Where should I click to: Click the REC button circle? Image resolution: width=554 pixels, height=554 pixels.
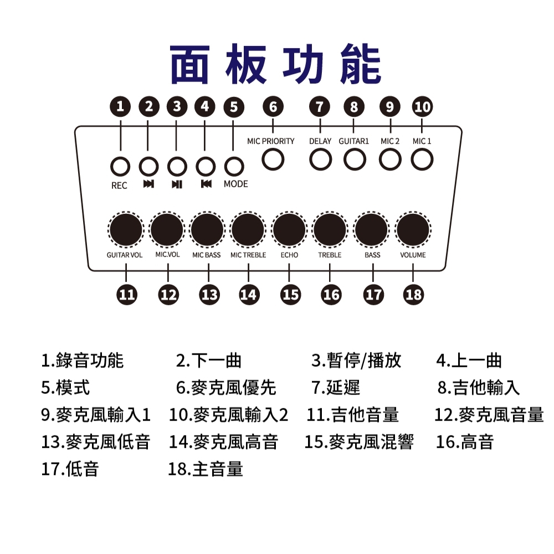[120, 166]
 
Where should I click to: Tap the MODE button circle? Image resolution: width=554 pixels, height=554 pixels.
[234, 166]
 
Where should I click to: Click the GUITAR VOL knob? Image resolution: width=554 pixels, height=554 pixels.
[125, 229]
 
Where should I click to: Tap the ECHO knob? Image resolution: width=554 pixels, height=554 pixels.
[289, 229]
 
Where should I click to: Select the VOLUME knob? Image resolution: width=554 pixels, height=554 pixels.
[413, 229]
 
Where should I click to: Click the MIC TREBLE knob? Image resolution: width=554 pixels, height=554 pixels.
[248, 229]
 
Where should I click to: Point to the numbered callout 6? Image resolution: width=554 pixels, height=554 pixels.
[273, 106]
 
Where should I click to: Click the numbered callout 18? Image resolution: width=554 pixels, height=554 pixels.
[413, 295]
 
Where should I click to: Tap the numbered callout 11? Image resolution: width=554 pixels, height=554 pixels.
[127, 295]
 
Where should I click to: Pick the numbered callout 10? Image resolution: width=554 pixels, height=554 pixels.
[422, 106]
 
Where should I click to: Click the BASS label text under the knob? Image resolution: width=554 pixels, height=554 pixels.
[372, 255]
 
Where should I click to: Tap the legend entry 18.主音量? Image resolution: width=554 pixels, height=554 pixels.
[206, 469]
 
